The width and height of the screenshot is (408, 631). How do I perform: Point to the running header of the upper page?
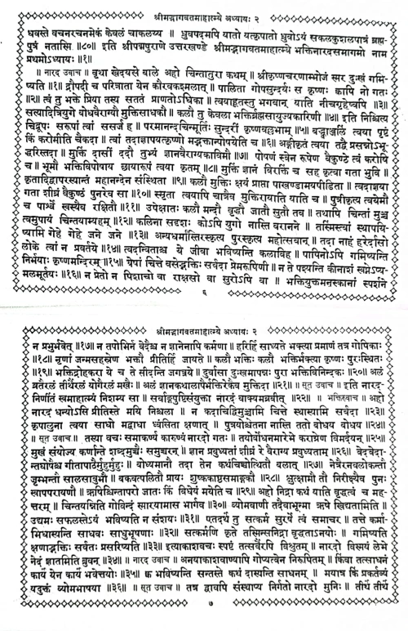[x=204, y=6]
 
